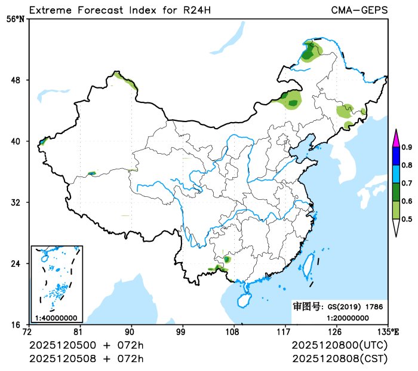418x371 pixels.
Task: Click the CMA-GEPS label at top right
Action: pyautogui.click(x=359, y=10)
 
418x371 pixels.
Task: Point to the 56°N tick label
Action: pyautogui.click(x=16, y=19)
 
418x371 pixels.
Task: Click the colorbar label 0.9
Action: pyautogui.click(x=407, y=147)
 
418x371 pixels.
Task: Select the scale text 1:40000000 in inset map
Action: pyautogui.click(x=56, y=318)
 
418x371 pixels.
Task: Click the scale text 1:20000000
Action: pyautogui.click(x=348, y=318)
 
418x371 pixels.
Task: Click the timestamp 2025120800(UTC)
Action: pyautogui.click(x=340, y=346)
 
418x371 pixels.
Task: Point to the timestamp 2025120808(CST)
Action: pyautogui.click(x=340, y=358)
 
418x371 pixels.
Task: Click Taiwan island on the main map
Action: pyautogui.click(x=309, y=265)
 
